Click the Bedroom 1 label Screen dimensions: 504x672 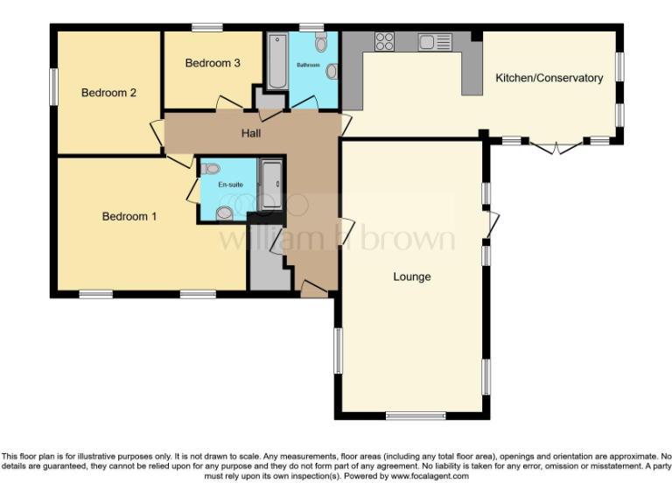point(129,216)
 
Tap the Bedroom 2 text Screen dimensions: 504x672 point(108,93)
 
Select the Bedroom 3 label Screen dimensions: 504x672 point(213,63)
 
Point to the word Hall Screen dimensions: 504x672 point(251,133)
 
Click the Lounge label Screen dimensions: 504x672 point(411,276)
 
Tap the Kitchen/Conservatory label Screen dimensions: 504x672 point(549,78)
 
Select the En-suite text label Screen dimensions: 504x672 point(230,185)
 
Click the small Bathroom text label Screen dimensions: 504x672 point(308,66)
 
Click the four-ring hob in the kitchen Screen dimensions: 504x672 point(384,41)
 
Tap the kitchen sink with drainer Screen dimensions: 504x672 point(434,41)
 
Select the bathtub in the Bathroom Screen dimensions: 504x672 point(277,61)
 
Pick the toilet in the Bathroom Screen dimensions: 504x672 point(321,43)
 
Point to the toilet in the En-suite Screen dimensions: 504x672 point(225,212)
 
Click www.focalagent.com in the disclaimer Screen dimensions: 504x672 point(434,477)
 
